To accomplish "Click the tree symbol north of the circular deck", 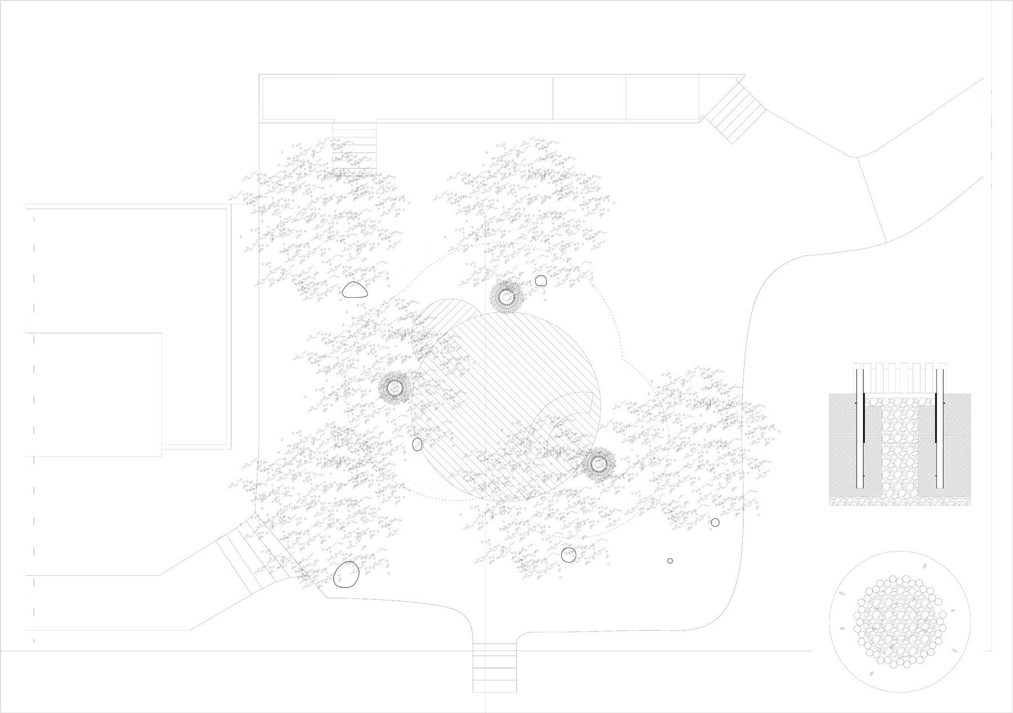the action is point(507,296).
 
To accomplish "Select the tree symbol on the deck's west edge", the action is point(394,387).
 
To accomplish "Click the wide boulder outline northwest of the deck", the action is point(355,290).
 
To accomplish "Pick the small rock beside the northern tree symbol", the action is point(540,280).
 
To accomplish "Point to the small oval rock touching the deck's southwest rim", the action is point(417,445).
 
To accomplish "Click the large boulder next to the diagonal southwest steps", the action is point(346,574).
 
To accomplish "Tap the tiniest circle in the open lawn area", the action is point(670,560).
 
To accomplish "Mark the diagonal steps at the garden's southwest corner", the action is point(253,554).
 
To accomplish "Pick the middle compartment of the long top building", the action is point(589,98).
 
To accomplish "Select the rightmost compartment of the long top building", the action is point(662,98).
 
